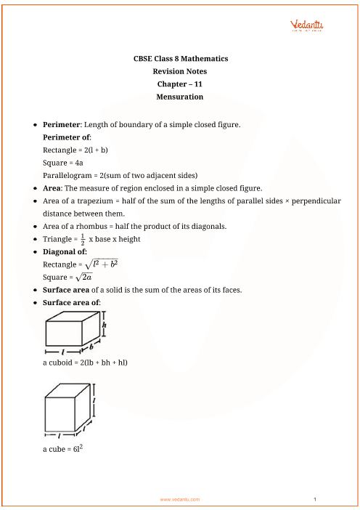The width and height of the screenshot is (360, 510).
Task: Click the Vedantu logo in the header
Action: (306, 26)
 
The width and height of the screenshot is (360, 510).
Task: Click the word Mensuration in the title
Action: (180, 96)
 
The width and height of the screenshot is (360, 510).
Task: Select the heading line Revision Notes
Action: (180, 71)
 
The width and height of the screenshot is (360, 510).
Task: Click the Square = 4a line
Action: (63, 163)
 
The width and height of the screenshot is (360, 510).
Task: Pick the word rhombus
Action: (97, 226)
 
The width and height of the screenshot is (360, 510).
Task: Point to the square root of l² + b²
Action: (100, 264)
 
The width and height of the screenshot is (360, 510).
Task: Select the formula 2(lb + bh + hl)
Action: (102, 361)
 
